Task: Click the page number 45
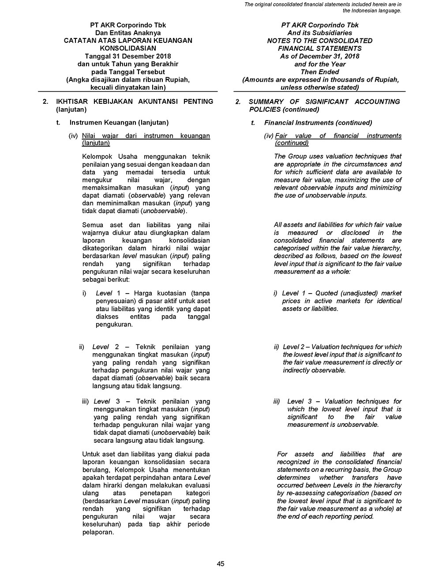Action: click(x=221, y=564)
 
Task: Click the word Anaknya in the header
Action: click(x=146, y=33)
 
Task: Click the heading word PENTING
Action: click(x=198, y=102)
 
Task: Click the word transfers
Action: click(x=366, y=478)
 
